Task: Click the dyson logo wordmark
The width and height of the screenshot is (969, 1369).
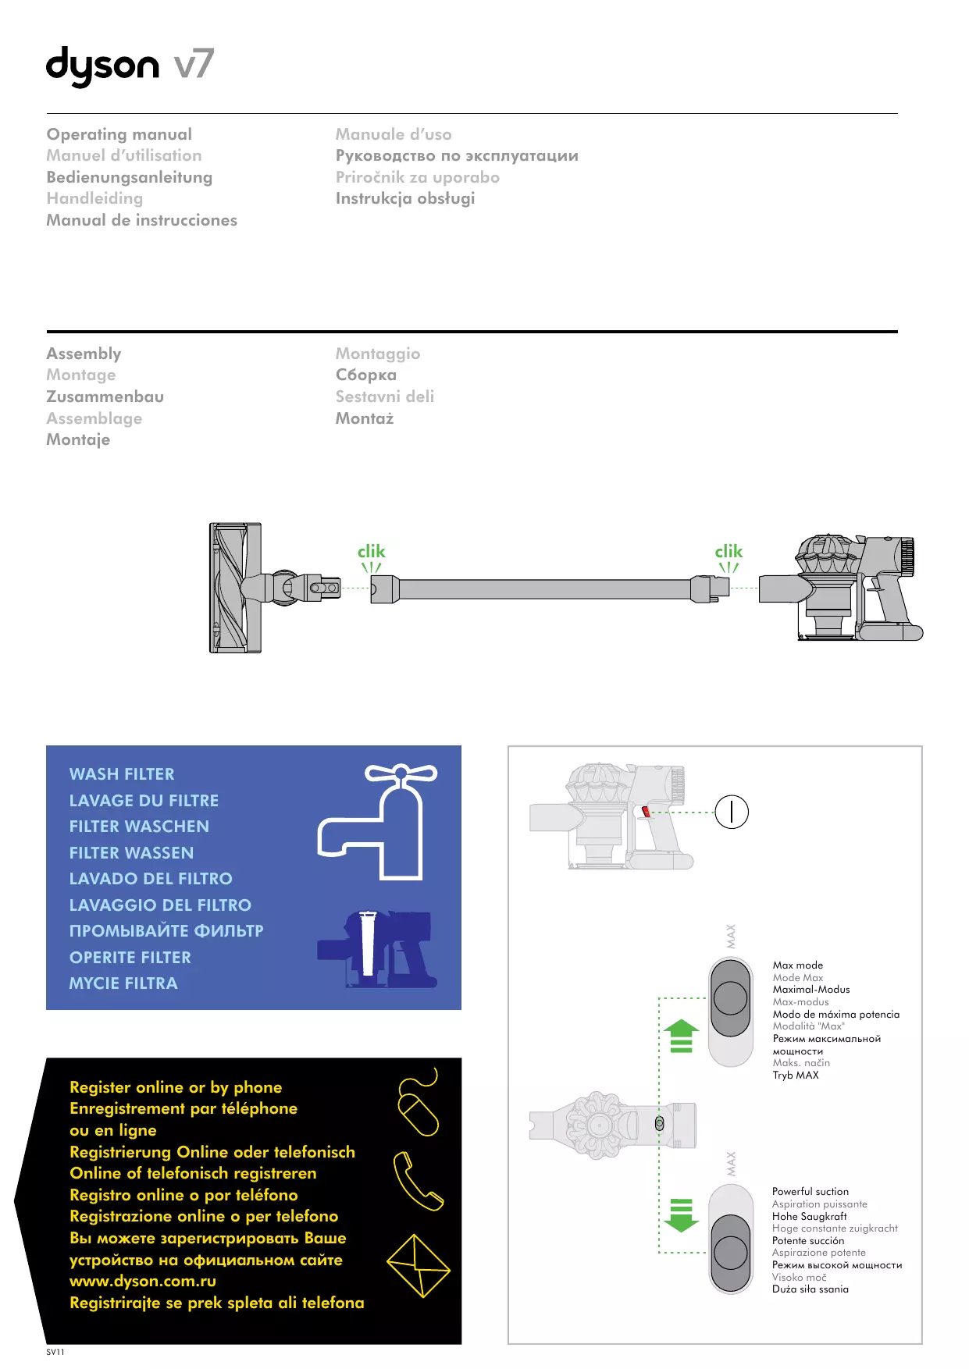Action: (102, 66)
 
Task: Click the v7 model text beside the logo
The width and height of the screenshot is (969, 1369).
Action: (194, 64)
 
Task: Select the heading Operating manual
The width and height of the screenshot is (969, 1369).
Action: (119, 134)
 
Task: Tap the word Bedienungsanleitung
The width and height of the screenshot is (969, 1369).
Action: (129, 177)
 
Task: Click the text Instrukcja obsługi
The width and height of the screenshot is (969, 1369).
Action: (404, 198)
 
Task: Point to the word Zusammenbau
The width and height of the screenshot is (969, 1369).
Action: (105, 396)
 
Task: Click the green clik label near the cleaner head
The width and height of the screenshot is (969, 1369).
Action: (371, 552)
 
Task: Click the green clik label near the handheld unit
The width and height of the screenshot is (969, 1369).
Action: (729, 552)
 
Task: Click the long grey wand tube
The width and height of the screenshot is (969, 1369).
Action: (544, 589)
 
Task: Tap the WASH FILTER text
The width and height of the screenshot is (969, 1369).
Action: (122, 774)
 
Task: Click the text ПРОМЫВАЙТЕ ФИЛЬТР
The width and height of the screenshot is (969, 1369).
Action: (166, 931)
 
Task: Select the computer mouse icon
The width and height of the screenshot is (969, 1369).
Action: (419, 1108)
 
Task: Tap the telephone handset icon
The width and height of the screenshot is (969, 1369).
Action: (417, 1181)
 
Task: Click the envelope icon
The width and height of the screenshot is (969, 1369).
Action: (419, 1265)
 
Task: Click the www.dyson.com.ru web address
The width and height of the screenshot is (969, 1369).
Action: (142, 1281)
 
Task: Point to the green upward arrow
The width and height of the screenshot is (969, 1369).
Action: (681, 1036)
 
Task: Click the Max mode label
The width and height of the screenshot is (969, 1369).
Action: (797, 965)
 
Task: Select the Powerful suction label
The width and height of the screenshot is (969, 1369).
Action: (810, 1192)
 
